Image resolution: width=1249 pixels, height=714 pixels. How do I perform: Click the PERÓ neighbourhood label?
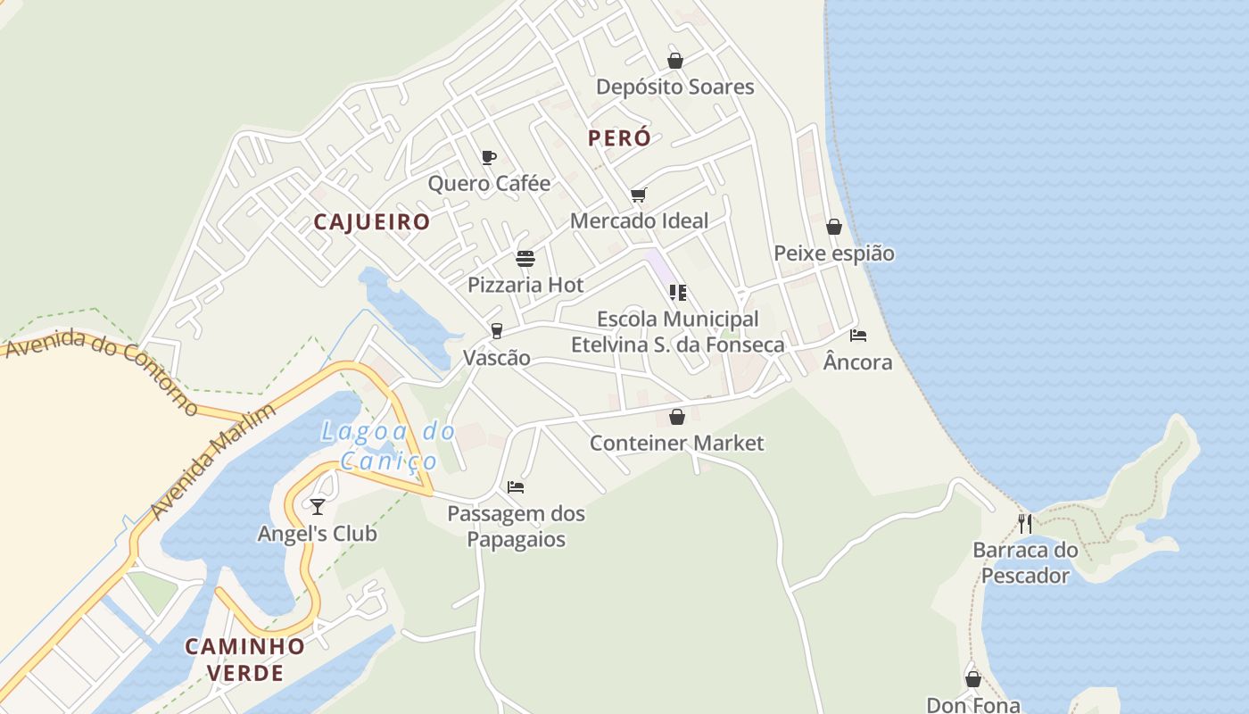(619, 138)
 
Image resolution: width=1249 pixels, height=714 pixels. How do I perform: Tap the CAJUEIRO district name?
(372, 221)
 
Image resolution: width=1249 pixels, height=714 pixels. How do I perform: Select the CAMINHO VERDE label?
(244, 659)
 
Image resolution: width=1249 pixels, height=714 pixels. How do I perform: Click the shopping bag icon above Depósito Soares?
(675, 61)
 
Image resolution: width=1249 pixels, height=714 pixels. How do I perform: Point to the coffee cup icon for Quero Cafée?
(488, 158)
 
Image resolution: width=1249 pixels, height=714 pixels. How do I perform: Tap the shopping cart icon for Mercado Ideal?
(638, 195)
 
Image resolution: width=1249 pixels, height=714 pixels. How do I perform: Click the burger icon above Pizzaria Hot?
(525, 259)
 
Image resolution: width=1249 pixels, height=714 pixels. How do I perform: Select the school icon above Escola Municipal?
(677, 292)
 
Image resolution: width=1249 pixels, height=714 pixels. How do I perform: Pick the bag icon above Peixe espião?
(834, 227)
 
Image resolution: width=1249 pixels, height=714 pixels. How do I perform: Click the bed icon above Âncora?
(858, 336)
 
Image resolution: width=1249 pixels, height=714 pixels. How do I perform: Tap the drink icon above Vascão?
(497, 331)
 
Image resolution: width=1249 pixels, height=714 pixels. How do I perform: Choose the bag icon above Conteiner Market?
(677, 417)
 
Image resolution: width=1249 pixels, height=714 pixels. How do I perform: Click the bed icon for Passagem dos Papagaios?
(516, 487)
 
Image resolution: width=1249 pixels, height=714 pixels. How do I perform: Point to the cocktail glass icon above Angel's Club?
(318, 507)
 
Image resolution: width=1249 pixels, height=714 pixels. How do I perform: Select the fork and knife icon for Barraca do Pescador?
(1025, 523)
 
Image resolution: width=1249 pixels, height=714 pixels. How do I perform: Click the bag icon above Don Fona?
(973, 679)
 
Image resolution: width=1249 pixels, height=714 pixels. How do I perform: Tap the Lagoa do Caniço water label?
(388, 446)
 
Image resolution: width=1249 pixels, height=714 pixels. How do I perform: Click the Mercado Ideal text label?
(639, 220)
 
